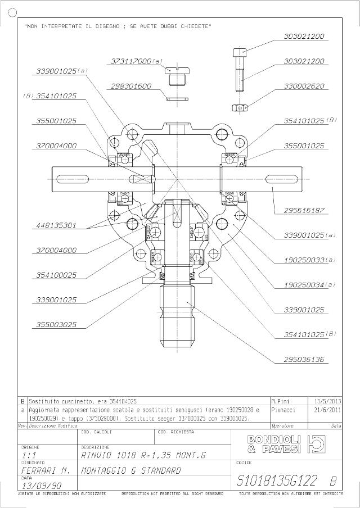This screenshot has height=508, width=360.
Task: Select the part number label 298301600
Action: tap(130, 86)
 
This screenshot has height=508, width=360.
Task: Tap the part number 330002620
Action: tap(304, 87)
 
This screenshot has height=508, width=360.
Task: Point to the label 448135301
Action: tap(56, 225)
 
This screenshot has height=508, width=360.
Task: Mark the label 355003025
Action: tap(56, 325)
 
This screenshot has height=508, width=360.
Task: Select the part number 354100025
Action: tap(56, 275)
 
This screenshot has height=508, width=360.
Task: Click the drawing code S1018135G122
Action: tap(277, 481)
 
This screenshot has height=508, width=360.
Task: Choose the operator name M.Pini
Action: tap(281, 401)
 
